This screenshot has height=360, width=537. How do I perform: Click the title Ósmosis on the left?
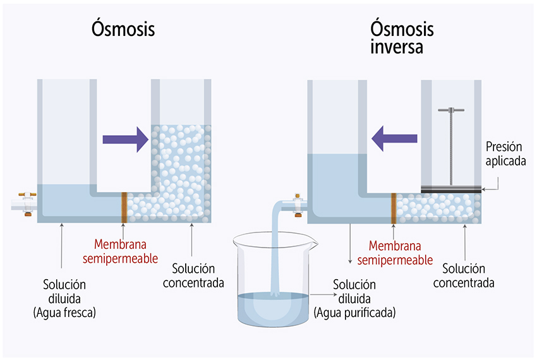click(123, 30)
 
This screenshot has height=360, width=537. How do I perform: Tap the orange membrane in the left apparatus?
click(124, 207)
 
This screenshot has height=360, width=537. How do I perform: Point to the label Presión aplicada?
click(505, 153)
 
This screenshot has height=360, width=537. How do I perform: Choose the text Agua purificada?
click(354, 312)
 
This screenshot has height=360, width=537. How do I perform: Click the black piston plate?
click(451, 188)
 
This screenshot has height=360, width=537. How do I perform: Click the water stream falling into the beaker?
click(276, 253)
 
